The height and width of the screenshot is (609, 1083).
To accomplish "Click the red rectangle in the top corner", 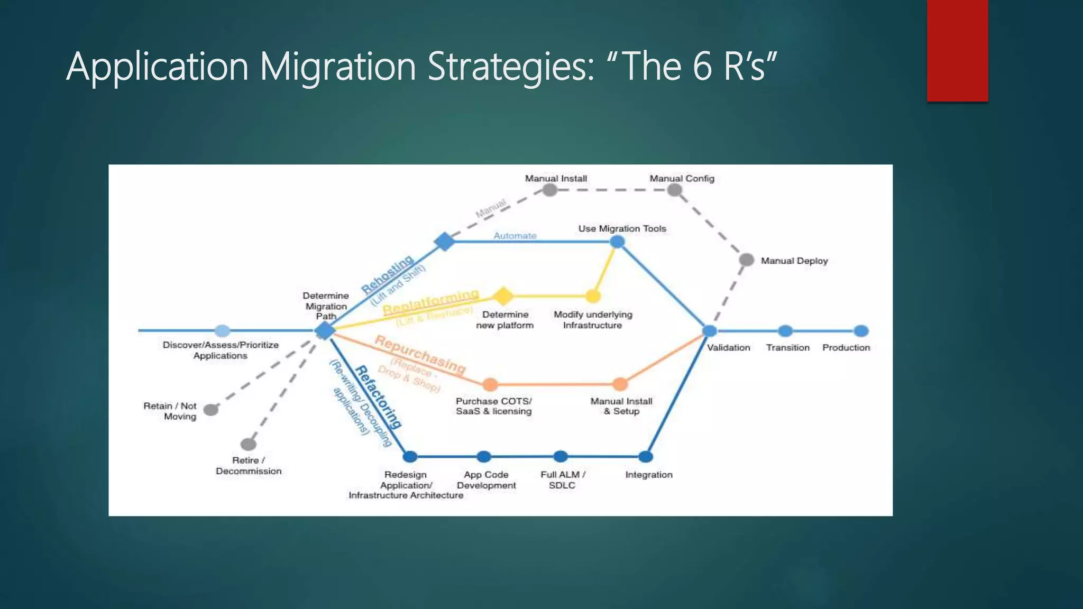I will (x=957, y=50).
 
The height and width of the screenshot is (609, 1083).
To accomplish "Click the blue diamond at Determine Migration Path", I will (x=325, y=330).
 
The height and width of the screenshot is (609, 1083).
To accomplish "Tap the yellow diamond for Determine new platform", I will (x=503, y=296).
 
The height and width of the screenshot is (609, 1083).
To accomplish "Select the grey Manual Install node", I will (x=550, y=190).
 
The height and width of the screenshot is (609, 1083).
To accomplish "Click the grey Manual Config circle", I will (x=674, y=190).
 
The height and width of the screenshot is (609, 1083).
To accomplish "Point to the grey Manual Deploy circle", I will (x=746, y=260).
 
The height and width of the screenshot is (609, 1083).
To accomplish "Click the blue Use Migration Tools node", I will (x=617, y=242).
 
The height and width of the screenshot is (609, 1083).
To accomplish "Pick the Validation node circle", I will (x=710, y=331).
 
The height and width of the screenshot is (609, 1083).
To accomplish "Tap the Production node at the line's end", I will (x=861, y=331).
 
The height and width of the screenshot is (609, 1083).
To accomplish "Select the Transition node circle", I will (x=785, y=331).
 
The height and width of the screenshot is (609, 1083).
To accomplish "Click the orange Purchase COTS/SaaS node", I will (x=490, y=384).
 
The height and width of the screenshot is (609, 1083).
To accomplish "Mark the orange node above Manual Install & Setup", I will (x=620, y=384).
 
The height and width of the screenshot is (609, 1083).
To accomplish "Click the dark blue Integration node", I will (x=646, y=456).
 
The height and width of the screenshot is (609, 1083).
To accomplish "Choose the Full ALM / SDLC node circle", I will (x=561, y=456).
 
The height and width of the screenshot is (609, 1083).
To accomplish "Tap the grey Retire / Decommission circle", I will (x=248, y=444).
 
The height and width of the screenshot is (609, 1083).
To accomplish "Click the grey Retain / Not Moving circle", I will (x=210, y=410).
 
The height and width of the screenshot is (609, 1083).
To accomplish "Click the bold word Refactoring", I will (x=378, y=396).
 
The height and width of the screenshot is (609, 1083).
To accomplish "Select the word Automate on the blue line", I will (x=515, y=236).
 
